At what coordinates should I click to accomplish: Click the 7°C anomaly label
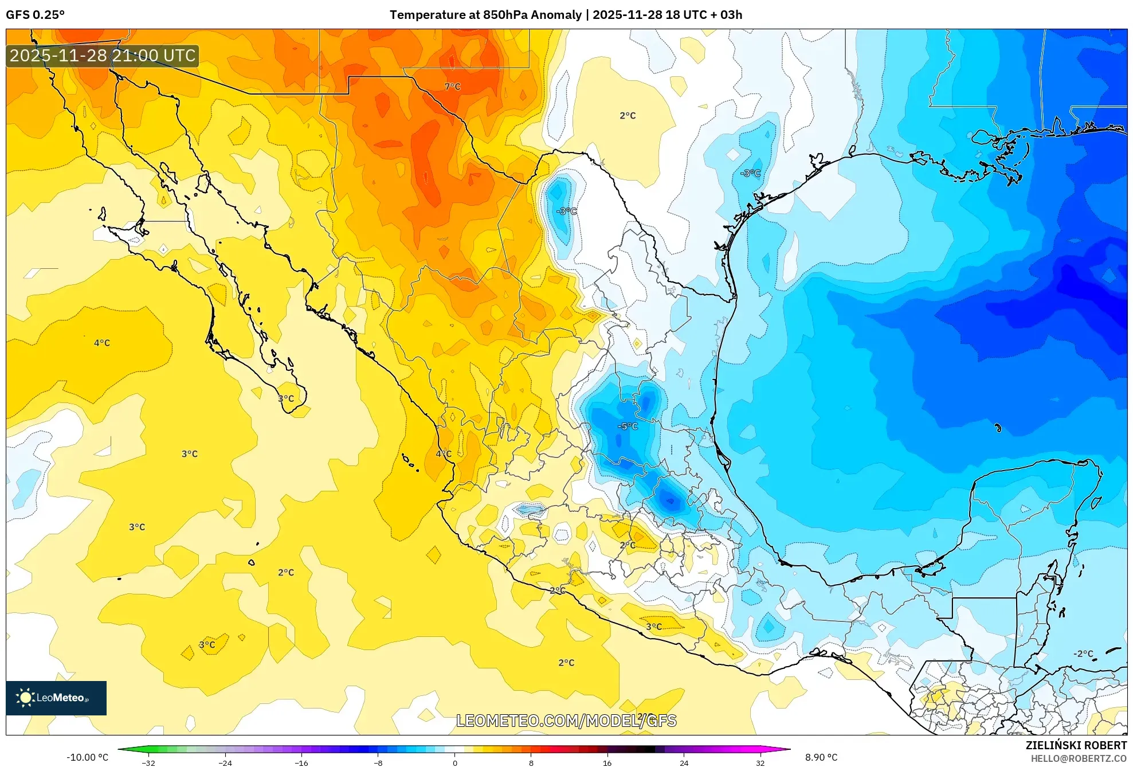point(452,87)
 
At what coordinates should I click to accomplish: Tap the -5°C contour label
point(628,426)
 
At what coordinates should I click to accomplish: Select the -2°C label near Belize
point(1083,653)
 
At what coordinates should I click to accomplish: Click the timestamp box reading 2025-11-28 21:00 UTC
point(103,56)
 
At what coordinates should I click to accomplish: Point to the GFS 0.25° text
point(35,15)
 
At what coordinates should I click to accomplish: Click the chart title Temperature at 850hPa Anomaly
point(485,15)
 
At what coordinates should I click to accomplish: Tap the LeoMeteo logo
point(56,698)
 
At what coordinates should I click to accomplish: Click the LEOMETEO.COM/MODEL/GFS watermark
point(566,721)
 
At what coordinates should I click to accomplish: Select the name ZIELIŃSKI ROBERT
point(1076,745)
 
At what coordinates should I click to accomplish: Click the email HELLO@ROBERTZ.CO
point(1079,758)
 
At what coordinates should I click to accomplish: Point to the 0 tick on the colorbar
point(454,763)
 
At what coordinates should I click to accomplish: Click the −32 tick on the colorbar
point(148,763)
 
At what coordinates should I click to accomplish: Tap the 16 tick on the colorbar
point(607,763)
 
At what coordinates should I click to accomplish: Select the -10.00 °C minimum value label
point(87,757)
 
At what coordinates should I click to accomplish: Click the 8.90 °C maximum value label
point(821,757)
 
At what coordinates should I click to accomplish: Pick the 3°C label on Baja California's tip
point(286,398)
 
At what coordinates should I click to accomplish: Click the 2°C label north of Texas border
point(628,116)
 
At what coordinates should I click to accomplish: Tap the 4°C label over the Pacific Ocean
point(102,343)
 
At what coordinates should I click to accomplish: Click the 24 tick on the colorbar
point(684,763)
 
